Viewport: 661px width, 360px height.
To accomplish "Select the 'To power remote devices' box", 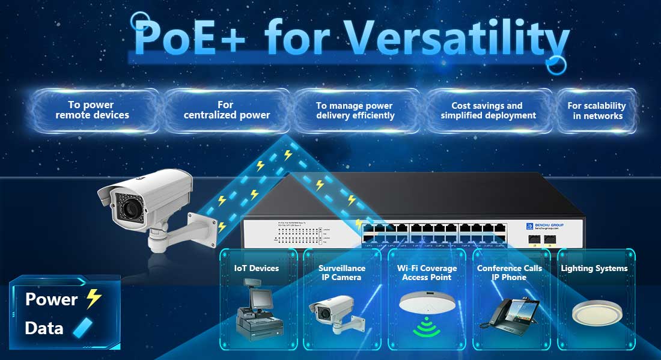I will click(x=93, y=110).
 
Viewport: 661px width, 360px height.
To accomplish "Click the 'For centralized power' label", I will click(x=227, y=110).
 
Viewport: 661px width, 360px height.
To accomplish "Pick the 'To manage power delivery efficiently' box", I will click(x=355, y=110).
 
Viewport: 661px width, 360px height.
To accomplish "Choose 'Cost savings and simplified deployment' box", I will click(x=488, y=110).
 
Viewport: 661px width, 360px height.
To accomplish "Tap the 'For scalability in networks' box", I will click(x=597, y=110).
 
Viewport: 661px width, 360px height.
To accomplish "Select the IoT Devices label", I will click(x=257, y=268).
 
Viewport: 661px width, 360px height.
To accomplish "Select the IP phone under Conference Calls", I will click(x=509, y=313).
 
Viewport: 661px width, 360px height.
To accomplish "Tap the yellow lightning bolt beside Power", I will click(x=93, y=299).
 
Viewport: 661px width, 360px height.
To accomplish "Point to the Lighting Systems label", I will click(x=594, y=268).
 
